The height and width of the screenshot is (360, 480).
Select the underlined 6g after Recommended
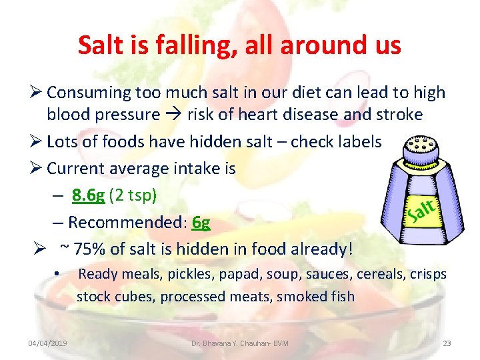(x=200, y=222)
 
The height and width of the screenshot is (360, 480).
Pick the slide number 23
(x=447, y=343)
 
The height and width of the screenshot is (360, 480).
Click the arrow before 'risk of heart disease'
(x=173, y=115)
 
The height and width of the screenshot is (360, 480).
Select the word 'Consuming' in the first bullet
(x=85, y=93)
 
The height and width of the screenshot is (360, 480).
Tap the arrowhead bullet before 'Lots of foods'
(x=36, y=141)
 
